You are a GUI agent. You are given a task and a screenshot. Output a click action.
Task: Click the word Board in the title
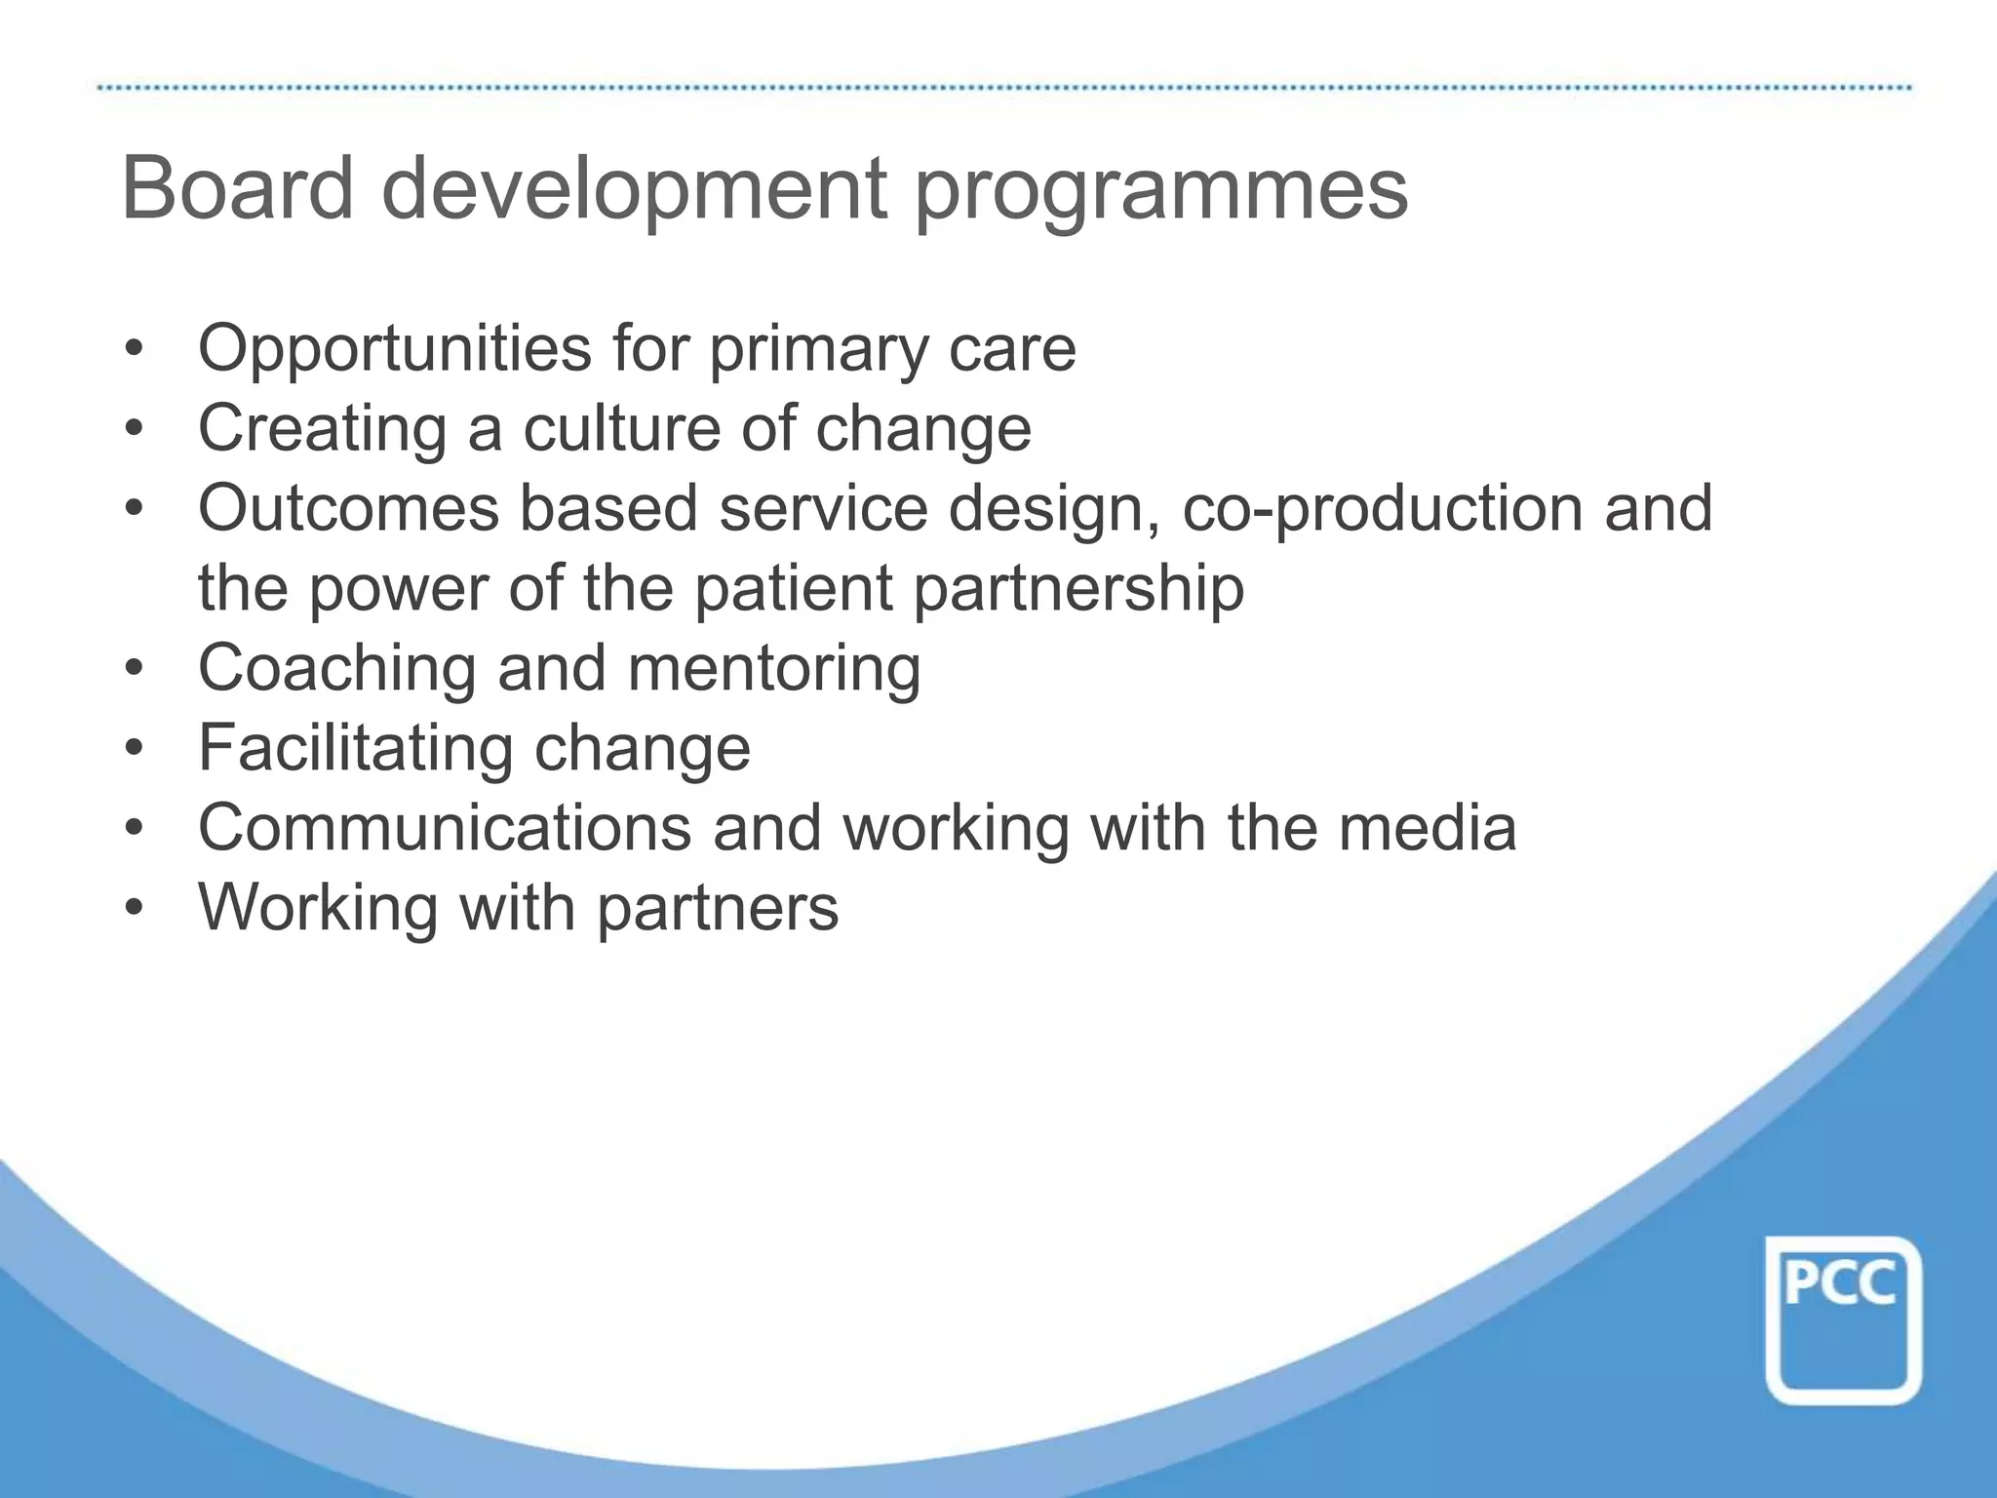pos(237,188)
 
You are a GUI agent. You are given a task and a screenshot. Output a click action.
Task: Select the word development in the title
pos(639,192)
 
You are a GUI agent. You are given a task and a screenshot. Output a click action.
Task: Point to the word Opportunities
pos(395,349)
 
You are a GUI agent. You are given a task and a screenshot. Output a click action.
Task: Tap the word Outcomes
pos(349,509)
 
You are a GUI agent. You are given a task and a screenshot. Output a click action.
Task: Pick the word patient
pos(793,589)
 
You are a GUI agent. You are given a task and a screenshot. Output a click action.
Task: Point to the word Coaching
pos(336,670)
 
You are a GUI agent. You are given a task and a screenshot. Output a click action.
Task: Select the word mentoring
pos(774,670)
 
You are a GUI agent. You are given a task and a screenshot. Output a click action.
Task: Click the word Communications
pos(445,829)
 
